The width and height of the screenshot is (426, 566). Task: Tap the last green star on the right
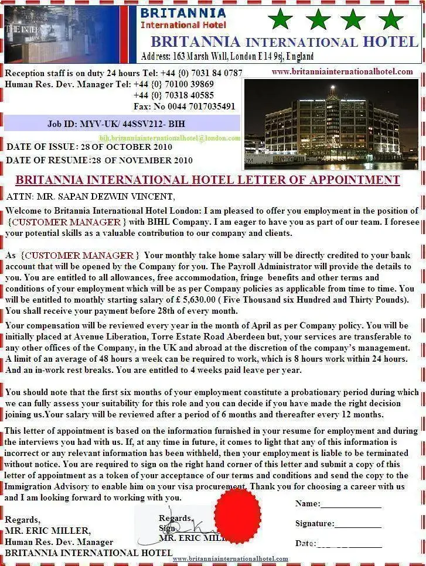coord(390,19)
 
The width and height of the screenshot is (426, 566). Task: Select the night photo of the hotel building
coord(331,124)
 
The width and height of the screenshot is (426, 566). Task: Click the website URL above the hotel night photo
coord(342,71)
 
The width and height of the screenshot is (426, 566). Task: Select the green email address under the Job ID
coord(169,138)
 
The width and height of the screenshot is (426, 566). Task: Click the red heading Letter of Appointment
coord(207,180)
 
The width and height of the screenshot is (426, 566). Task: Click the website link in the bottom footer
coord(230,559)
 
